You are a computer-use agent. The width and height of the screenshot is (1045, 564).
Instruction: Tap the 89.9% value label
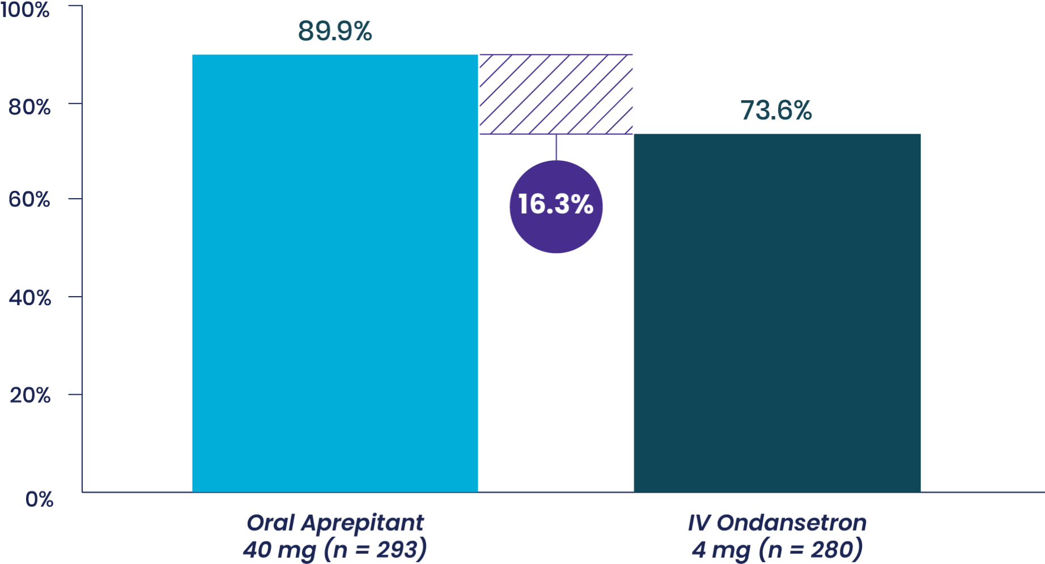pos(335,32)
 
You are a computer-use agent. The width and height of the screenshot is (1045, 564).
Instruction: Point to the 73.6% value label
pos(776,111)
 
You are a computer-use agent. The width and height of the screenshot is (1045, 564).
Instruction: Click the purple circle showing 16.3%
pos(556,207)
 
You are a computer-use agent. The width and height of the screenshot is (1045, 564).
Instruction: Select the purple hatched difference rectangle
pos(556,94)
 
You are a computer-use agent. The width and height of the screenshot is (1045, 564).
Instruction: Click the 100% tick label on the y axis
pos(25,10)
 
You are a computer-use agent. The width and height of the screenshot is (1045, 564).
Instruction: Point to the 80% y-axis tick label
pos(29,106)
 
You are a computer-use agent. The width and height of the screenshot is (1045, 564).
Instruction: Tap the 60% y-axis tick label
pos(29,199)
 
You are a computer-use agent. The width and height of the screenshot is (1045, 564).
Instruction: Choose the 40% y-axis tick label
pos(29,298)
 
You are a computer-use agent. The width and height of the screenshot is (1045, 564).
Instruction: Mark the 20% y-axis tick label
pos(29,395)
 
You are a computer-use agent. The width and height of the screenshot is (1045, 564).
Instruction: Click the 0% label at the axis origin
pos(39,499)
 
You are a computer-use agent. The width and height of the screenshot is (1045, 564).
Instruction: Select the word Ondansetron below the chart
pos(792,523)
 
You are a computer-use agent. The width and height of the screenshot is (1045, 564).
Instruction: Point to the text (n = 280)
pos(811,550)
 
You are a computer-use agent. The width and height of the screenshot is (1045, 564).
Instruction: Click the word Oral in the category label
pos(271,523)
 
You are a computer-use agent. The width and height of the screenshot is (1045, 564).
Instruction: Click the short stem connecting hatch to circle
pos(556,147)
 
